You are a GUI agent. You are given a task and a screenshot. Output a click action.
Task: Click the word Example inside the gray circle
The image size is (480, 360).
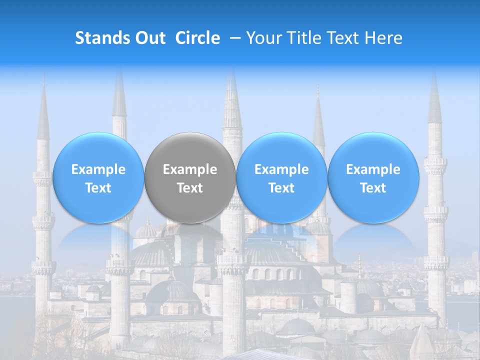pyautogui.click(x=190, y=169)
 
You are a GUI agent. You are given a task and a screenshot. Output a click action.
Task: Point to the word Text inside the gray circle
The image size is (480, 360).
pyautogui.click(x=190, y=188)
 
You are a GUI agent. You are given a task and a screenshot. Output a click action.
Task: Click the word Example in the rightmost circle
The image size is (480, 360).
pyautogui.click(x=373, y=169)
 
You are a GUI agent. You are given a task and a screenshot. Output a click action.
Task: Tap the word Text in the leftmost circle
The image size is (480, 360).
pyautogui.click(x=98, y=188)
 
